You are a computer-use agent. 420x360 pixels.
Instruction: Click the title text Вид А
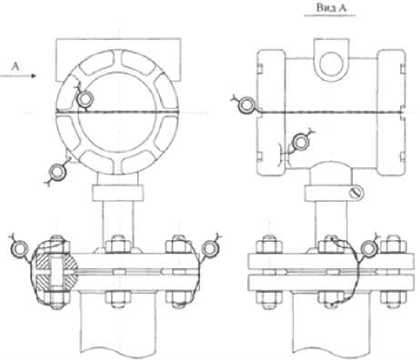click(331, 8)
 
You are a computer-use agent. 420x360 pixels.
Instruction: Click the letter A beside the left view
click(15, 66)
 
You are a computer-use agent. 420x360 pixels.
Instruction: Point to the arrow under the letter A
click(18, 75)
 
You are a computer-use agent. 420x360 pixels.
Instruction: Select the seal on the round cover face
click(85, 99)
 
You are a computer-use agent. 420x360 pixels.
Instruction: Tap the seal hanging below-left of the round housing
click(57, 172)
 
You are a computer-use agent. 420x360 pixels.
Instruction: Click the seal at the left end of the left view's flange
click(19, 249)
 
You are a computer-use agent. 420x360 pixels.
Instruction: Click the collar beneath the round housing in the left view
click(117, 193)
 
